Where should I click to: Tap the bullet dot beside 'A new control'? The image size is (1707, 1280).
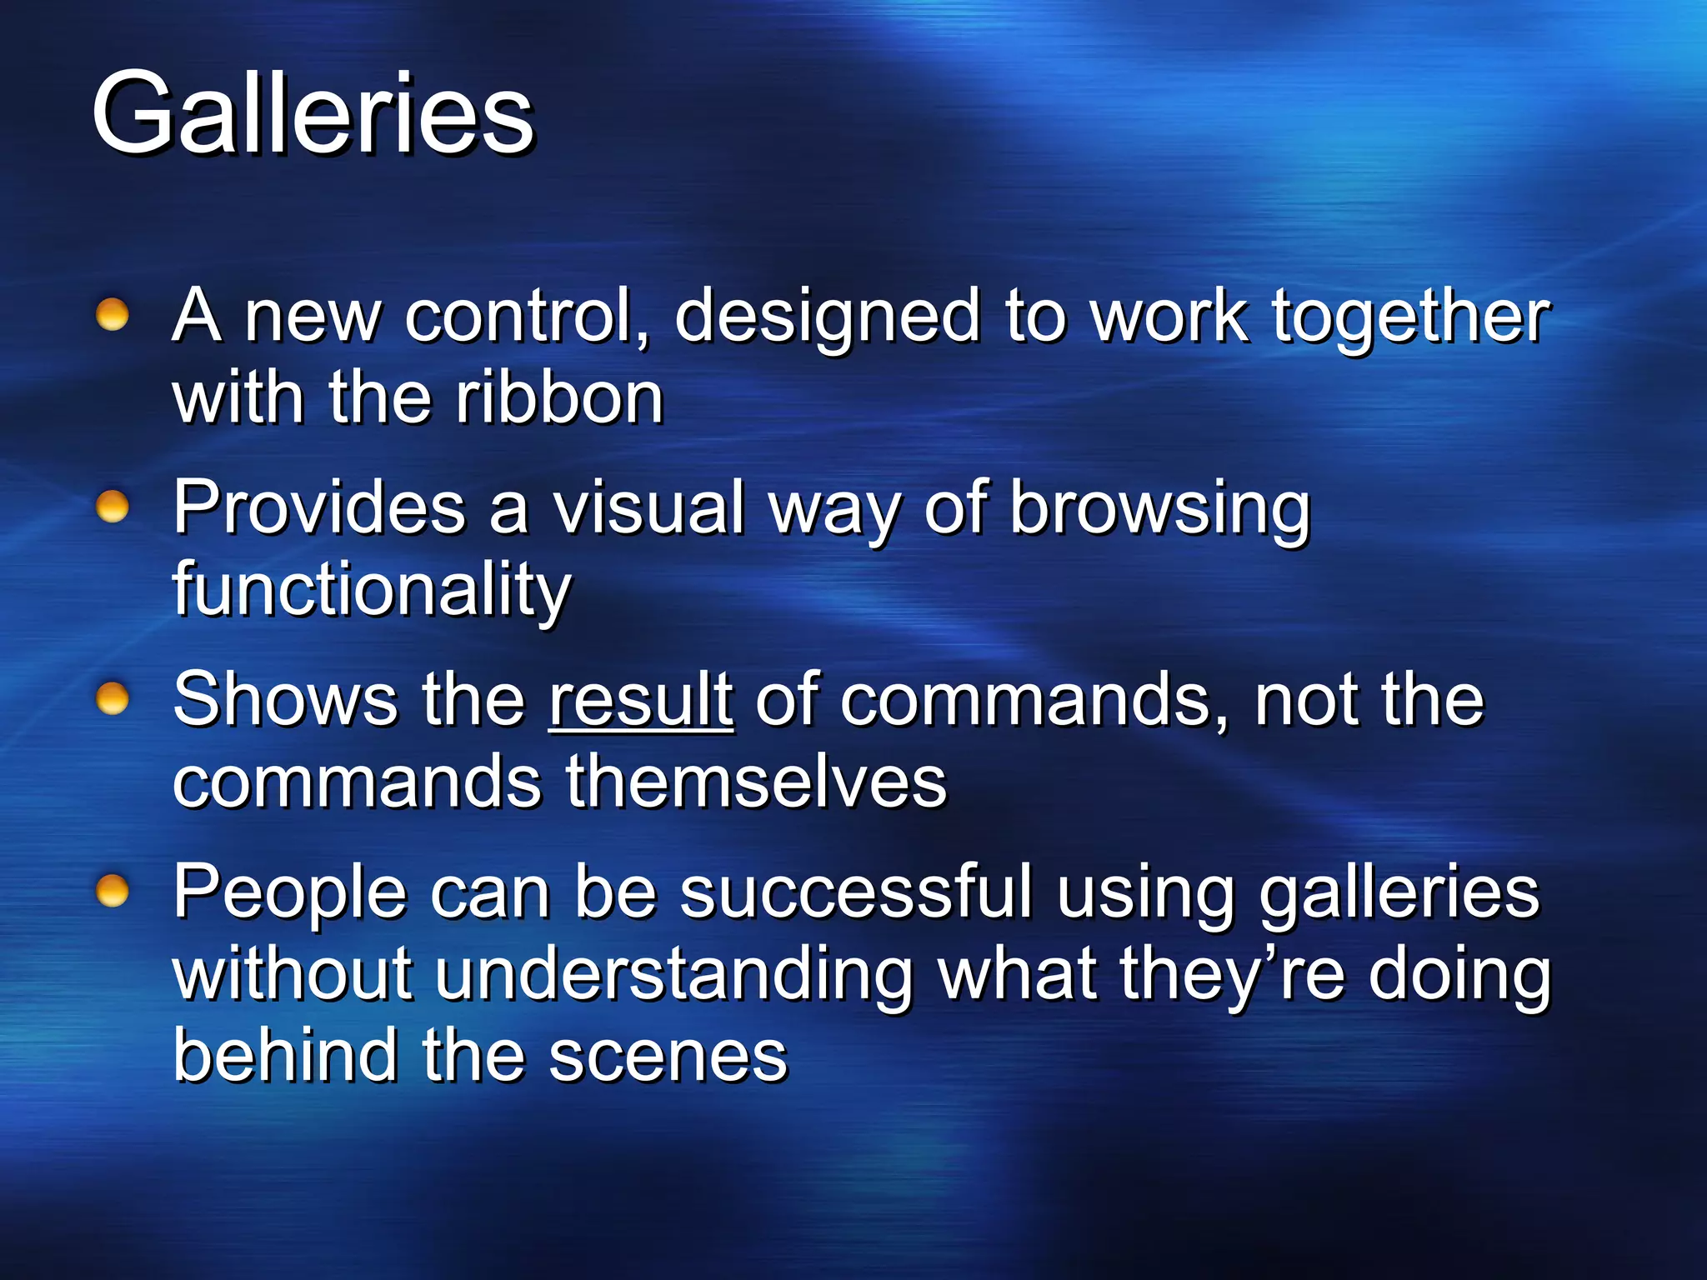click(113, 315)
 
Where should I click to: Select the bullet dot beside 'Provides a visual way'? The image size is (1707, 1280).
click(113, 507)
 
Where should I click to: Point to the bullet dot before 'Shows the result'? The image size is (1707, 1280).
click(113, 698)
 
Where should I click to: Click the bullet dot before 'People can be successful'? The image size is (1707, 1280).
click(113, 891)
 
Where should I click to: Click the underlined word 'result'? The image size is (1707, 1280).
click(640, 700)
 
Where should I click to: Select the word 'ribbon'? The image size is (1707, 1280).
click(559, 398)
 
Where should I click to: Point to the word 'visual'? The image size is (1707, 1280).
click(649, 508)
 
